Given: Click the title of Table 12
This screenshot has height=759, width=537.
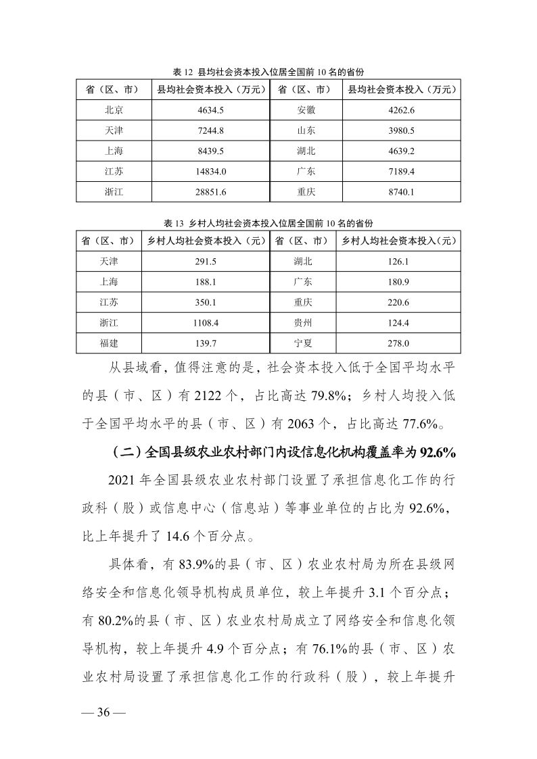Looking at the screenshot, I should [268, 72].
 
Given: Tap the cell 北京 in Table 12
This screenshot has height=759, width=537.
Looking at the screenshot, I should [114, 109].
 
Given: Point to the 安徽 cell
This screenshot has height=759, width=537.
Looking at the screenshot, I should [306, 109].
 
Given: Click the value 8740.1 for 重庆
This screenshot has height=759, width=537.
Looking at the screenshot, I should [402, 192].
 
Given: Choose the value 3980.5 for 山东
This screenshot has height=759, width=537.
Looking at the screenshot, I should [402, 130].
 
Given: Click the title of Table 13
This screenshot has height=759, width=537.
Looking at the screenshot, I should [268, 223].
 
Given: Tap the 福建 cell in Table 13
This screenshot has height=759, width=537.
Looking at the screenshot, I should [109, 343].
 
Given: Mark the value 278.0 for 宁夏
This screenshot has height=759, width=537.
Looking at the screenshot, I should [398, 343].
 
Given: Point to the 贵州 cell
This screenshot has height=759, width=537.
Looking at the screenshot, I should [302, 323].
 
